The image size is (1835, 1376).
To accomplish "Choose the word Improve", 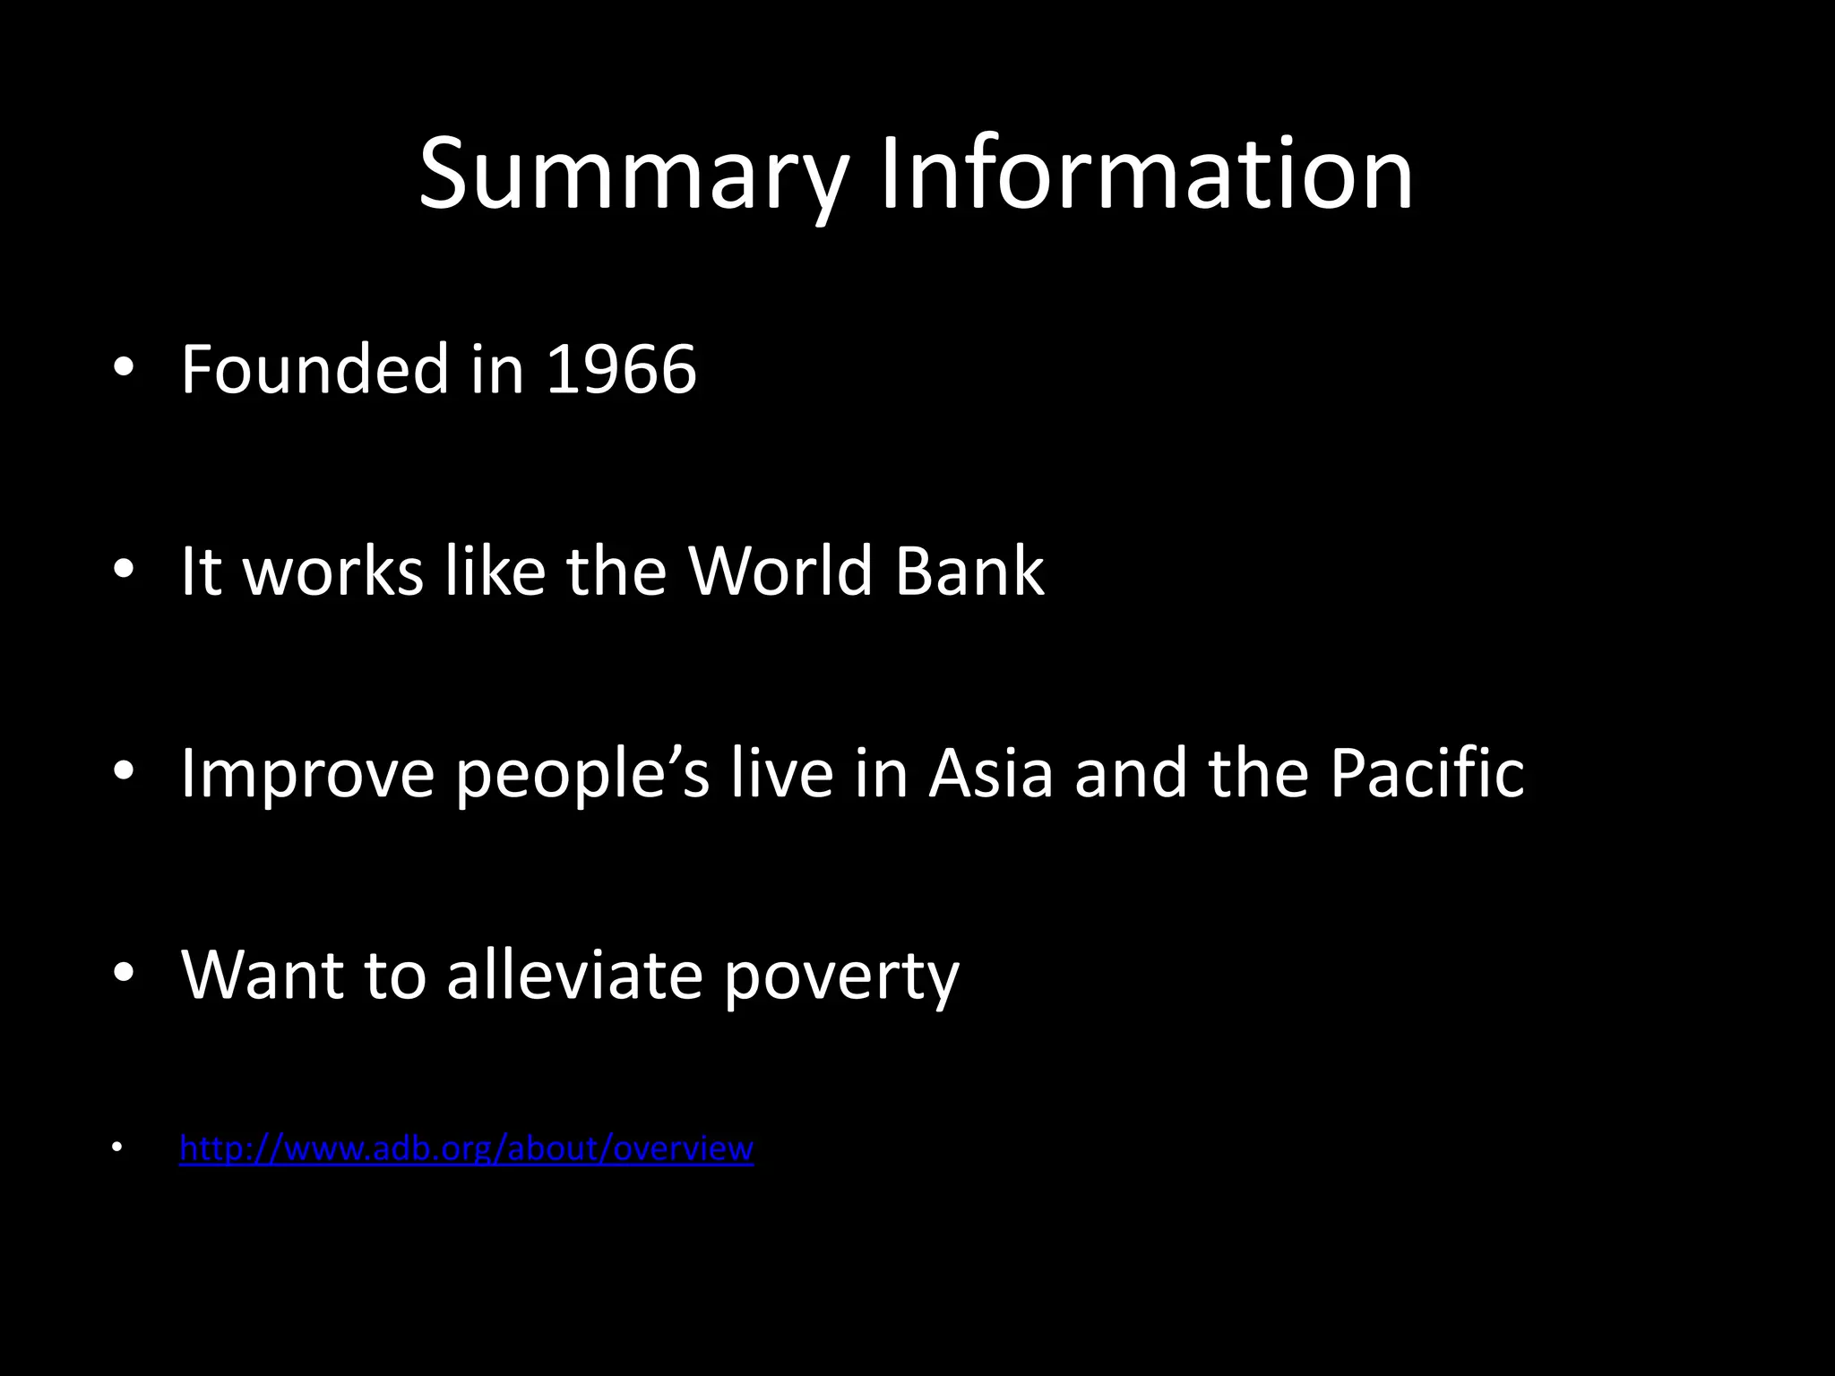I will (x=307, y=772).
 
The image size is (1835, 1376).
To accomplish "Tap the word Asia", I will (x=991, y=772).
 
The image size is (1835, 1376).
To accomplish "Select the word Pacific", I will (x=1426, y=772).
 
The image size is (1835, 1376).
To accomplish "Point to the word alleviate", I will (x=574, y=974).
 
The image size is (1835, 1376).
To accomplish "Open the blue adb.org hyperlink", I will (x=467, y=1148).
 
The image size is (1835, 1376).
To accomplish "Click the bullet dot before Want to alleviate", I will (x=124, y=974).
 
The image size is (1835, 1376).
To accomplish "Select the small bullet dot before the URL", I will (x=116, y=1148).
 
